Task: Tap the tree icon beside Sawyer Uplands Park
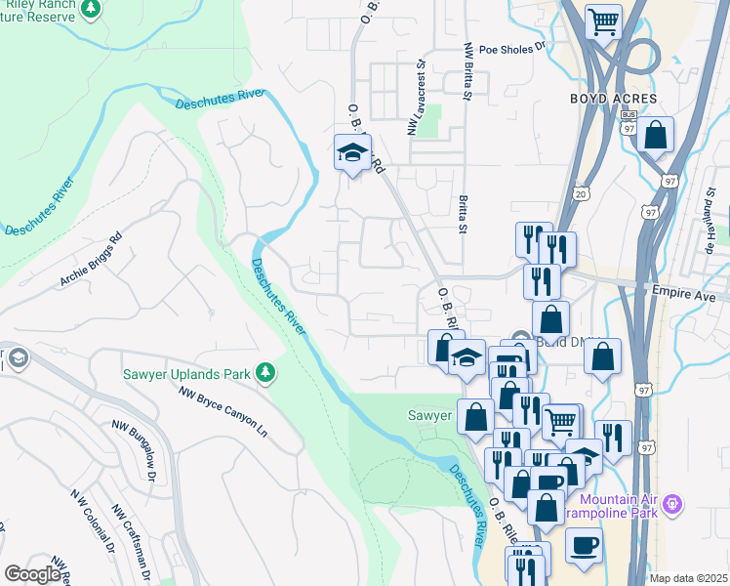tap(264, 372)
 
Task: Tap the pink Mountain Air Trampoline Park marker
tap(671, 504)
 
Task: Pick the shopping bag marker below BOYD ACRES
tap(657, 135)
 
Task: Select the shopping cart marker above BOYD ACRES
tap(603, 20)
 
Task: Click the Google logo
tap(32, 574)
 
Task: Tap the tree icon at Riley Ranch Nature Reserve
tap(91, 9)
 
